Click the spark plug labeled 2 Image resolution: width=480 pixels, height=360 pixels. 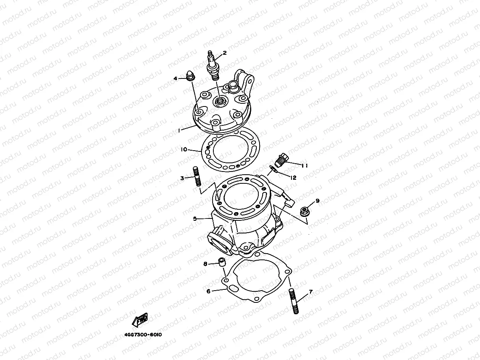213,66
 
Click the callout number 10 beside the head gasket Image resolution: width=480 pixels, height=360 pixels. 184,149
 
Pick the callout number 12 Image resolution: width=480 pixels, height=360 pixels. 293,178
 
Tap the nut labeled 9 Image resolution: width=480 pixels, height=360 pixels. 304,211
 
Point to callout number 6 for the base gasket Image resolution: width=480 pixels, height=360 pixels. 209,291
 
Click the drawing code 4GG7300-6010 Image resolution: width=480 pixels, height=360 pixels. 143,334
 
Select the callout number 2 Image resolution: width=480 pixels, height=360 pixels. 225,52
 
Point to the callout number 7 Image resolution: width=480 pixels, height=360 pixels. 310,292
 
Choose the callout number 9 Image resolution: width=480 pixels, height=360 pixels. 317,201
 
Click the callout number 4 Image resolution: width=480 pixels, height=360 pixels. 176,78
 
